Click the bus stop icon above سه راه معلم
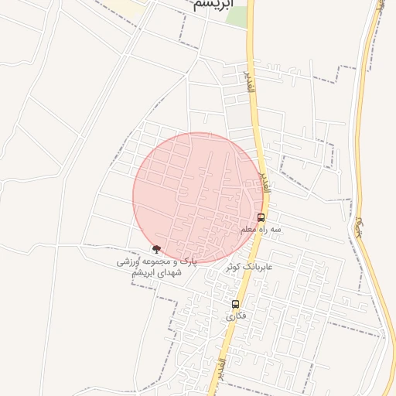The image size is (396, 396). (x=261, y=217)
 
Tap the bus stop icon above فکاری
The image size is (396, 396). (x=235, y=303)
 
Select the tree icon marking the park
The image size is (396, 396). (x=157, y=249)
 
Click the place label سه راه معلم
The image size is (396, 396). (x=261, y=230)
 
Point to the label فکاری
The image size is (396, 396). (x=235, y=316)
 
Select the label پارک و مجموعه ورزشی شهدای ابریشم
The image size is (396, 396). (x=157, y=268)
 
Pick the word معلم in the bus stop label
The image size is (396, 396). (x=247, y=230)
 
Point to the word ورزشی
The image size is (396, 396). (x=131, y=262)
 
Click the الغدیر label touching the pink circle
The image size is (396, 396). (x=265, y=183)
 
